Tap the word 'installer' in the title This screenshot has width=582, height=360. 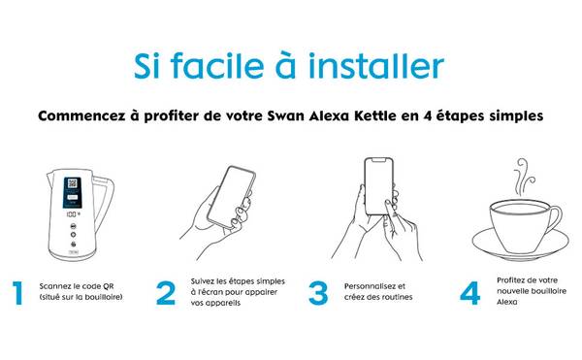coord(376,66)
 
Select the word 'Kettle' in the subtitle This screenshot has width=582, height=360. coord(374,115)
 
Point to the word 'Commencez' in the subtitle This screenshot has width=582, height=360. coord(81,116)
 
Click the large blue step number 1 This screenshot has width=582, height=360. coord(17,293)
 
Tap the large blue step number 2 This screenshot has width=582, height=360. coord(166,293)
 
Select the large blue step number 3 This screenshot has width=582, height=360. coord(318,293)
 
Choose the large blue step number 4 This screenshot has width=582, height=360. coord(469,293)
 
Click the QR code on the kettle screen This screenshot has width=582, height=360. coord(73,183)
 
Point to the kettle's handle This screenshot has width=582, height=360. coord(105,202)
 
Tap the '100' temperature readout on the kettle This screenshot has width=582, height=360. coord(72,214)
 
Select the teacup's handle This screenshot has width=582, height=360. coord(554,222)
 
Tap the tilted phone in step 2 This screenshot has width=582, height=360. coord(231,196)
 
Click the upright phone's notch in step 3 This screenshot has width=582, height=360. coord(378,160)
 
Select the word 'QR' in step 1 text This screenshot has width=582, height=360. coord(109,286)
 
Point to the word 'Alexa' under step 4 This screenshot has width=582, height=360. coord(507,302)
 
